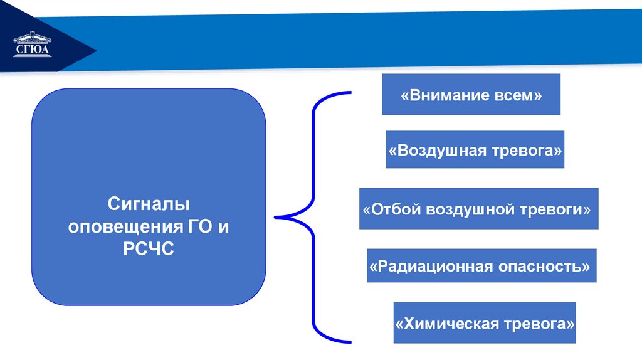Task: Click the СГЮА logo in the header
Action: (33, 48)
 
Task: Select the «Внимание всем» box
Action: (471, 95)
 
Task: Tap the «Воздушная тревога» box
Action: (475, 150)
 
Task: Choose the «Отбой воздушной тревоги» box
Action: (478, 208)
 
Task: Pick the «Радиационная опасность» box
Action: (481, 266)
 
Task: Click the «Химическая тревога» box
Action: (485, 323)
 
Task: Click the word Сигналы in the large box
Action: (149, 204)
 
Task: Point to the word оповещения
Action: (125, 226)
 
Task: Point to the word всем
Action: (517, 96)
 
